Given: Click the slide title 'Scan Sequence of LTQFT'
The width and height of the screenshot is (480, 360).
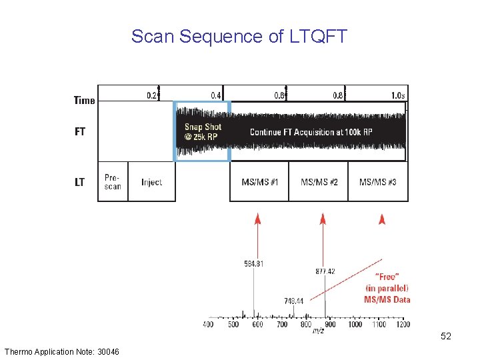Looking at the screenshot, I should tap(239, 36).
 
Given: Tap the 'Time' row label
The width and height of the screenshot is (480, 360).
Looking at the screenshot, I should tap(84, 101).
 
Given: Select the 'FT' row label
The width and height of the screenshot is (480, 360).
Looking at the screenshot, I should tap(80, 131).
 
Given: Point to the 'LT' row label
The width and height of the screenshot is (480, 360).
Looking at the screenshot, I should tap(80, 182).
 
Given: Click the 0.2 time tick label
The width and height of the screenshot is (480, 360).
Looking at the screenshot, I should tap(152, 95).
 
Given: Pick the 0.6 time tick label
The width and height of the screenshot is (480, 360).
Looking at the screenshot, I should tap(279, 95).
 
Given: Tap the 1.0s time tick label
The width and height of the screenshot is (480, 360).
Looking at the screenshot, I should tap(398, 95).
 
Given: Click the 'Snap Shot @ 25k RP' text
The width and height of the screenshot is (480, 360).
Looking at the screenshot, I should tap(203, 131).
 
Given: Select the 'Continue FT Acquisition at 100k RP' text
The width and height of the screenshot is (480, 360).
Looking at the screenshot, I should tap(311, 132).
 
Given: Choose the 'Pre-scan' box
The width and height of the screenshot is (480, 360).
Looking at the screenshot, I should tap(113, 181).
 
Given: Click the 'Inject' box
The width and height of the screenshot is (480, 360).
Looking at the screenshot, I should tap(151, 182).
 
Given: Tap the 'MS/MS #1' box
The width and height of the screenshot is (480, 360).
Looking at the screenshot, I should tap(259, 182).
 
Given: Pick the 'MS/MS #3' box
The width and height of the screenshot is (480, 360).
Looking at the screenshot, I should tap(378, 182).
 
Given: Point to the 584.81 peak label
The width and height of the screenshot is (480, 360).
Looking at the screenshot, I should tap(253, 264).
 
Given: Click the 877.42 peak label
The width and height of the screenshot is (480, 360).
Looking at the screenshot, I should tap(325, 271).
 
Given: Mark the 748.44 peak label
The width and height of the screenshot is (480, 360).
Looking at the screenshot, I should tap(293, 301).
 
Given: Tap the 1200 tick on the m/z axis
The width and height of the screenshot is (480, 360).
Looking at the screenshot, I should tap(402, 325).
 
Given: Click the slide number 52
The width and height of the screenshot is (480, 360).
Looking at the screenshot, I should tap(446, 337).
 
